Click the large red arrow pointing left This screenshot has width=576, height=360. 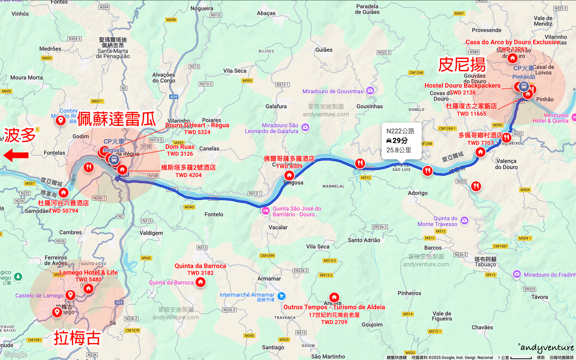coord(16,155)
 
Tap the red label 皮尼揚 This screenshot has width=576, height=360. coord(462,65)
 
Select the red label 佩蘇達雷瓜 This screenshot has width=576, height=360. coord(116,119)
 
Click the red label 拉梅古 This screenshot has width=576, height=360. coord(77,338)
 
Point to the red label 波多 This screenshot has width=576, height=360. coord(20,135)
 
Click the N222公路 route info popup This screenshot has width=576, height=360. coord(401,141)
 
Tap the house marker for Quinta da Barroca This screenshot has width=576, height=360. coord(200,282)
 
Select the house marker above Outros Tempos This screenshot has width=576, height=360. coord(334,297)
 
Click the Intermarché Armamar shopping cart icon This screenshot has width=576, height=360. coord(281,296)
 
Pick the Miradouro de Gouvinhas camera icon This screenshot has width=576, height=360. coord(370,91)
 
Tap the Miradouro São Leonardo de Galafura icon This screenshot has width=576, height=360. coord(305,127)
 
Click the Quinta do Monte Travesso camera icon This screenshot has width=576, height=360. coord(464,220)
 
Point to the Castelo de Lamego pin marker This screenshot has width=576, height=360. coord(70,295)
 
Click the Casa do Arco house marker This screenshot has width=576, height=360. coord(512,58)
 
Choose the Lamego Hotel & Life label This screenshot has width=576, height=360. coord(88,272)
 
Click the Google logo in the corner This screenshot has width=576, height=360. coord(15,354)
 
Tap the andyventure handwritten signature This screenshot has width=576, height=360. coord(546,348)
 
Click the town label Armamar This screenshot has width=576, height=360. coord(269,278)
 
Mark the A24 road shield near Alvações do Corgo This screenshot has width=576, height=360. coord(174,97)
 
